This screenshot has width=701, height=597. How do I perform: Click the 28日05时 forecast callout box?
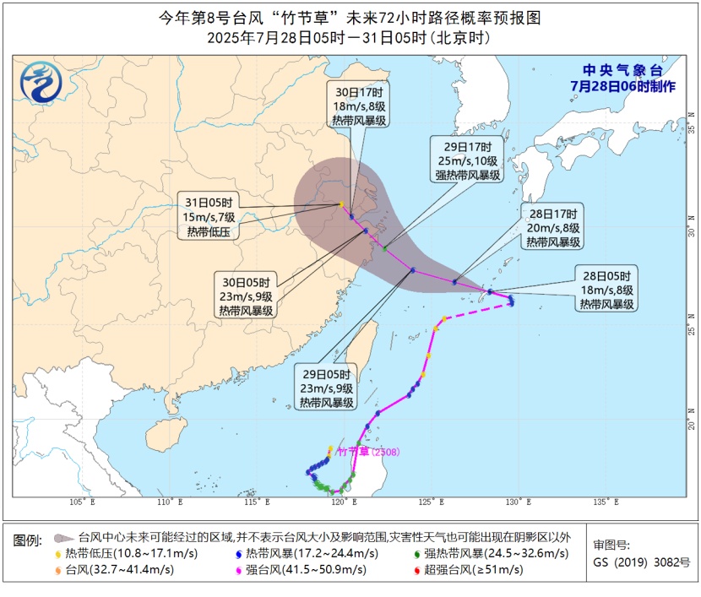[606, 290]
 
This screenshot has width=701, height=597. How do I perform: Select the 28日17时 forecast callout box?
[553, 227]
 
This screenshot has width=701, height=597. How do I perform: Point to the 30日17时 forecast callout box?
[361, 106]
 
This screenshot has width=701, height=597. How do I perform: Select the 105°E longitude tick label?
[81, 502]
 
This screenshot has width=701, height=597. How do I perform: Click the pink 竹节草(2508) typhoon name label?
[367, 452]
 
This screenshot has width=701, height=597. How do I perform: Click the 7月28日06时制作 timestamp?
[622, 86]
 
